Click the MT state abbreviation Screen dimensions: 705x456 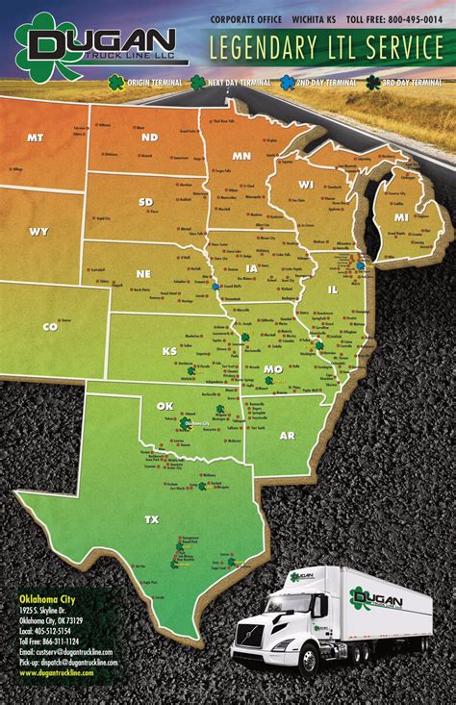pyautogui.click(x=35, y=138)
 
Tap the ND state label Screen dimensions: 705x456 pyautogui.click(x=149, y=138)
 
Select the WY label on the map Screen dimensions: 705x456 pyautogui.click(x=38, y=232)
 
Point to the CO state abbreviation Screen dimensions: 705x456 pyautogui.click(x=50, y=327)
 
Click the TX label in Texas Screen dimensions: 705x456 pyautogui.click(x=151, y=520)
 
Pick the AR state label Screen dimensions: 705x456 pyautogui.click(x=287, y=435)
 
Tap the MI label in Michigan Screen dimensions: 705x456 pyautogui.click(x=401, y=217)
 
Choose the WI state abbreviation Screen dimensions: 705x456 pyautogui.click(x=306, y=185)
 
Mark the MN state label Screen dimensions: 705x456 pyautogui.click(x=241, y=156)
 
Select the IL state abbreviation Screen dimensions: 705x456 pyautogui.click(x=333, y=289)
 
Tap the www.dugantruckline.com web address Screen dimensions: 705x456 pyautogui.click(x=57, y=672)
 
